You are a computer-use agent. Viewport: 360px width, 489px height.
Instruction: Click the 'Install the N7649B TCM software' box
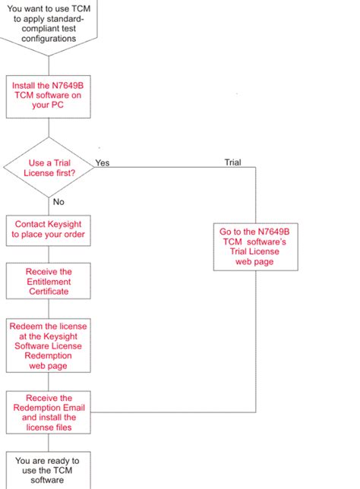tap(48, 96)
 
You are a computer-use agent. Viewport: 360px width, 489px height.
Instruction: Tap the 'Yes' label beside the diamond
tap(102, 162)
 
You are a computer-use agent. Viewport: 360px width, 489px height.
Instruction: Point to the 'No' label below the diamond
tap(58, 202)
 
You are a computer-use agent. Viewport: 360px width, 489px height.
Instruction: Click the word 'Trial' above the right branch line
tap(232, 162)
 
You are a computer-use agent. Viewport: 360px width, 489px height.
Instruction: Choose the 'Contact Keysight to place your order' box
tap(48, 230)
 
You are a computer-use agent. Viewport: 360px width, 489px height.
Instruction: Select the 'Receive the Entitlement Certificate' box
tap(48, 281)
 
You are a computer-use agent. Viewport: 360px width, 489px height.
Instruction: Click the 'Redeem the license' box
tap(48, 345)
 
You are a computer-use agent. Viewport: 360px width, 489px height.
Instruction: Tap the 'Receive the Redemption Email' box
tap(48, 412)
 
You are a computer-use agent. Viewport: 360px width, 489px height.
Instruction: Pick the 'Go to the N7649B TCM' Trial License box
tap(254, 246)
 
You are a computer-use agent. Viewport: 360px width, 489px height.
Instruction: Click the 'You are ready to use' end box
tap(48, 470)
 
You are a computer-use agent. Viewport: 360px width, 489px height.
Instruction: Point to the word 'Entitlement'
tap(48, 281)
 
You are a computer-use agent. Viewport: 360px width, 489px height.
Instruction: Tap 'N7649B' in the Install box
tap(68, 86)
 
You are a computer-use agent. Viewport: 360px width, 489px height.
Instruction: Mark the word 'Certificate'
tap(48, 291)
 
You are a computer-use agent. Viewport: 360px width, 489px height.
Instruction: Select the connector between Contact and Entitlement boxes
tap(49, 254)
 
